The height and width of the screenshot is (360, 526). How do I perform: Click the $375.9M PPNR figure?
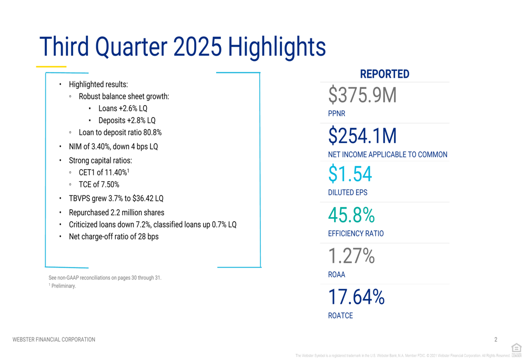362,96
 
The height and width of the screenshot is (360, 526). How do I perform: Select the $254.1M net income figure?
362,136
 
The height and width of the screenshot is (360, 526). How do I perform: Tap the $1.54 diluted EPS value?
350,174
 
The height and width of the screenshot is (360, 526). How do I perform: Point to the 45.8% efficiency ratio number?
351,215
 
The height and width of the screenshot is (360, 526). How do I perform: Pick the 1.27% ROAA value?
351,256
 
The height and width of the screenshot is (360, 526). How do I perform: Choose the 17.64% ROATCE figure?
356,297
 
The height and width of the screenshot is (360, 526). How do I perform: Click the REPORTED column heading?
385,74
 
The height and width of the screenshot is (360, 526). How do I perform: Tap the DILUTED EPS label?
348,193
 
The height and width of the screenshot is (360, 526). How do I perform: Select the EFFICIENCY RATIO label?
356,234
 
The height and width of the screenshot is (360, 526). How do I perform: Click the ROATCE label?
340,316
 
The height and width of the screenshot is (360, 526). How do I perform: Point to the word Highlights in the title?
277,47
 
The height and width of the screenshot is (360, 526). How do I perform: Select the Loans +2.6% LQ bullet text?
123,109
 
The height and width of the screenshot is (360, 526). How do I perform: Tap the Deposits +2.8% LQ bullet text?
127,121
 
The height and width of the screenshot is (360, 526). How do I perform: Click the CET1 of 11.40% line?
104,172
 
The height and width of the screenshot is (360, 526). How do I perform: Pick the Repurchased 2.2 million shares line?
116,213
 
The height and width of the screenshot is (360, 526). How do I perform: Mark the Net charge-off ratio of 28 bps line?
114,236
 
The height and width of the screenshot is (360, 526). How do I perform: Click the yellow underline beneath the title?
51,67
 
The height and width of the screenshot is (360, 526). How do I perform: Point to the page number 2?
495,340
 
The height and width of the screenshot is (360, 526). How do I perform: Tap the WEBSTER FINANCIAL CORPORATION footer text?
54,340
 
